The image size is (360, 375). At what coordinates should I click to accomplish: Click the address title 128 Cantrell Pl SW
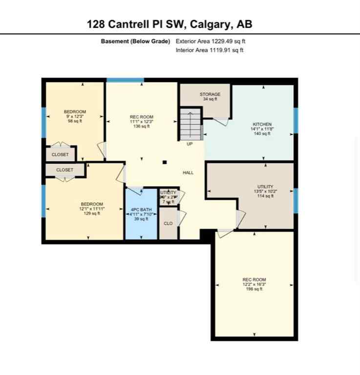tap(169, 24)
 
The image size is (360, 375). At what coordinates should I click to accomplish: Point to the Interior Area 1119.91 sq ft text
tap(210, 50)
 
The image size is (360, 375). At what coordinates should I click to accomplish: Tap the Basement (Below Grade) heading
tap(136, 42)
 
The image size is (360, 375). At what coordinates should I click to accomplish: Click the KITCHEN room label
tap(262, 125)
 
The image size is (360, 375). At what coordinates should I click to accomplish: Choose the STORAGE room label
tap(210, 94)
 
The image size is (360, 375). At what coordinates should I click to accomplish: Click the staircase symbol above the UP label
tap(191, 124)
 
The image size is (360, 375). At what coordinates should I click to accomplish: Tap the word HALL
tap(188, 172)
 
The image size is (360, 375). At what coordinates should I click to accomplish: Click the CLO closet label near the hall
tap(168, 223)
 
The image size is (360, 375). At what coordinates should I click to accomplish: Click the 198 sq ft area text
tap(254, 290)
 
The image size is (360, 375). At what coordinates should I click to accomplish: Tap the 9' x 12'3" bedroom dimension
tap(75, 116)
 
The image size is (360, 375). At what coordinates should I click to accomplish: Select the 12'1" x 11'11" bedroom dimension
tap(92, 208)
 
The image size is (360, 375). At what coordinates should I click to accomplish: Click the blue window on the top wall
tap(125, 80)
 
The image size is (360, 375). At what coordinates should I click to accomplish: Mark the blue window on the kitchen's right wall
tap(296, 120)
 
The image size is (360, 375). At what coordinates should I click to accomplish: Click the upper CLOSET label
tap(60, 155)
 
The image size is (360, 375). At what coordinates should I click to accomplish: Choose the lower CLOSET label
tap(64, 170)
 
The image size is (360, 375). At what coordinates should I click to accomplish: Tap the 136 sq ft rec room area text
tap(142, 126)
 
